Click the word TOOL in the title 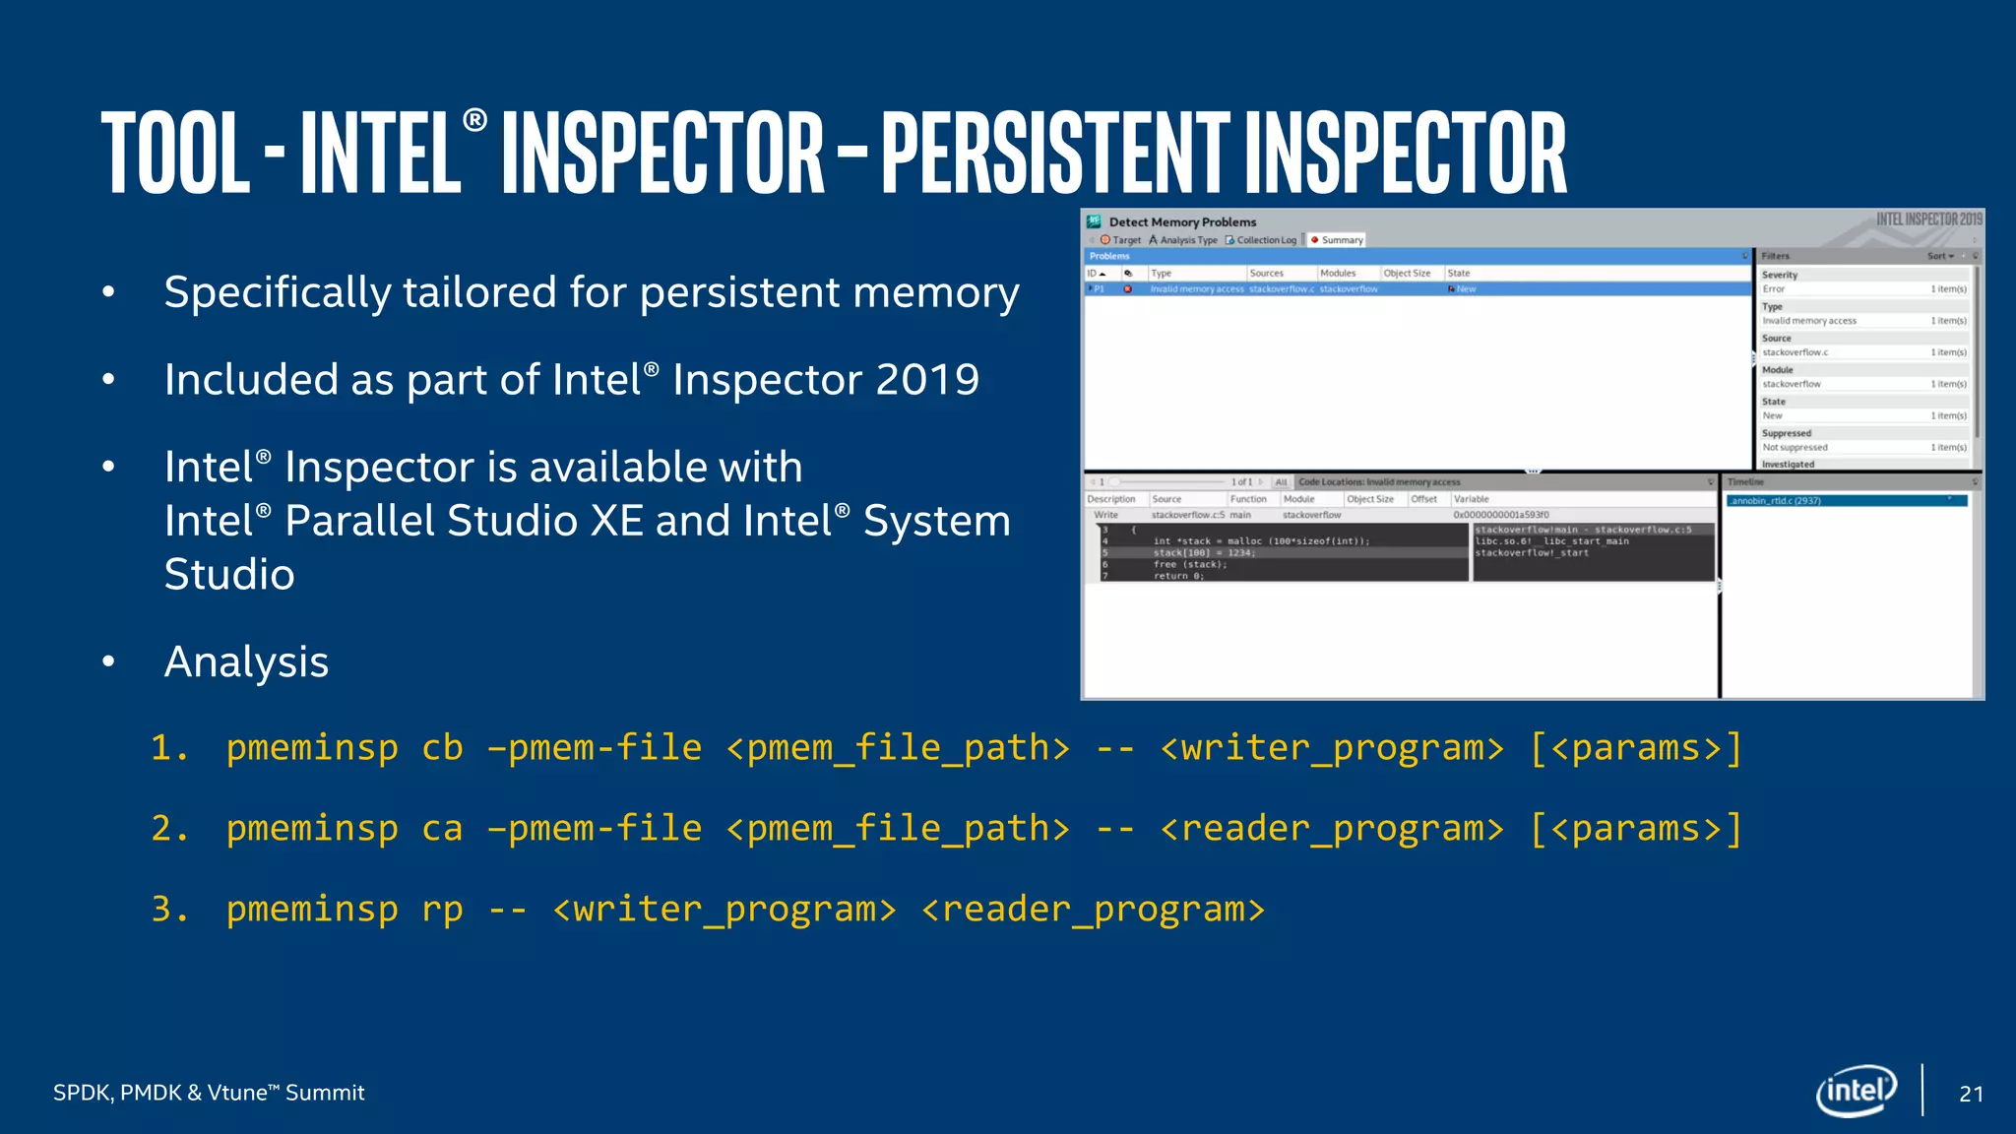(x=175, y=153)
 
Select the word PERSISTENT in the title (x=1054, y=153)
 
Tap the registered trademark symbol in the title (x=474, y=120)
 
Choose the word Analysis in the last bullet (x=246, y=661)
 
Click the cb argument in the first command (x=442, y=748)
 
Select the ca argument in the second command (x=442, y=829)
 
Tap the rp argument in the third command (x=442, y=910)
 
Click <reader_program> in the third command (x=1093, y=910)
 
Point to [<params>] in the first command (x=1636, y=748)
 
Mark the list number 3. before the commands (x=169, y=910)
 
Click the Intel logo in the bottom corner (x=1856, y=1091)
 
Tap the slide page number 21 (x=1971, y=1094)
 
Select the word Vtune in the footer (x=236, y=1093)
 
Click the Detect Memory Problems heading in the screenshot (x=1182, y=222)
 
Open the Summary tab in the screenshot (x=1341, y=240)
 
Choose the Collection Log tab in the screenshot (x=1265, y=240)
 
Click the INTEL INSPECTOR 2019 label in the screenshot (x=1928, y=220)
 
